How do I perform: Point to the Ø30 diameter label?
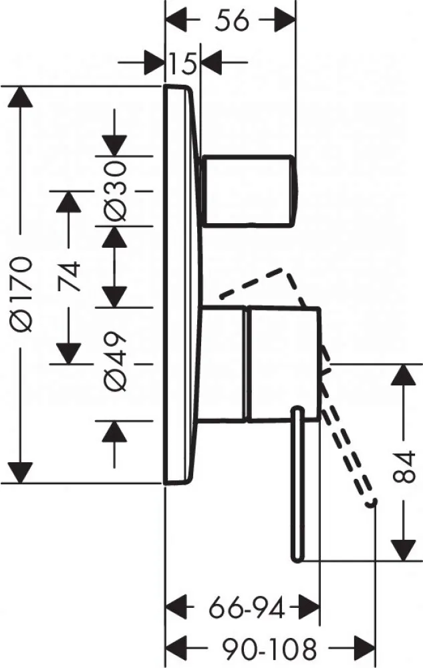[x=116, y=191]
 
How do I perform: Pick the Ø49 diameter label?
[x=116, y=361]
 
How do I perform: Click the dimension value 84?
[x=403, y=467]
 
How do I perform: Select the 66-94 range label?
[x=247, y=608]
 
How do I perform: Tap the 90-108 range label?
[x=270, y=649]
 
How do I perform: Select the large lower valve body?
[x=260, y=364]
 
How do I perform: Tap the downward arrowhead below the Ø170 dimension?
[x=21, y=472]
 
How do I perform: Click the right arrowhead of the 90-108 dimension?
[x=365, y=649]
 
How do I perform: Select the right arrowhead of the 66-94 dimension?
[x=309, y=608]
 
